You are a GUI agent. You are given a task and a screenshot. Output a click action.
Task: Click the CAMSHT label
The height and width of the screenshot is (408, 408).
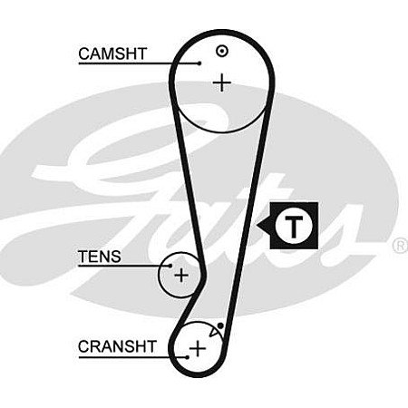click(x=112, y=53)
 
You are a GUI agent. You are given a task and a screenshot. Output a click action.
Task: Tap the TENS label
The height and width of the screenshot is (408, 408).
click(x=100, y=257)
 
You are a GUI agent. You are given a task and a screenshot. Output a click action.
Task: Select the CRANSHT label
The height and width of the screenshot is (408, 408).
click(x=117, y=346)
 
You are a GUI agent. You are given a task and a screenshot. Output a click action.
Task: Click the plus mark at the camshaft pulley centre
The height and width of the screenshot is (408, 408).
click(x=222, y=83)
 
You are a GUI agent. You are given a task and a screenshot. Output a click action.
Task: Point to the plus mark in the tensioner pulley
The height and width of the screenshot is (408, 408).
click(x=181, y=275)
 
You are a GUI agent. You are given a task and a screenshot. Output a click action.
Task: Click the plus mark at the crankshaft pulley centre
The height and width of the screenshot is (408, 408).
click(x=198, y=348)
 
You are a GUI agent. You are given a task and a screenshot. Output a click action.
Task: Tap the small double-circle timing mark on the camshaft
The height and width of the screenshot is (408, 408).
click(x=222, y=52)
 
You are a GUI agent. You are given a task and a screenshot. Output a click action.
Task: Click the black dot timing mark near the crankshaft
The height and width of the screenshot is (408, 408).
click(x=220, y=325)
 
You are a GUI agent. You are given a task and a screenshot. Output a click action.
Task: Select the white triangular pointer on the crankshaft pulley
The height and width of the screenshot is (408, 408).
click(x=213, y=332)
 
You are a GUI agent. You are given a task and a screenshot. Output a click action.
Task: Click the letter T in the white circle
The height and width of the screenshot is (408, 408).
click(x=294, y=227)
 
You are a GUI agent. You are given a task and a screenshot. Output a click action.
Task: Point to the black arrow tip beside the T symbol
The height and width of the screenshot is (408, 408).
click(x=257, y=225)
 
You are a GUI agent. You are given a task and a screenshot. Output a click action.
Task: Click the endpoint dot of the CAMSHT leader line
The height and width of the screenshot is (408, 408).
click(x=199, y=63)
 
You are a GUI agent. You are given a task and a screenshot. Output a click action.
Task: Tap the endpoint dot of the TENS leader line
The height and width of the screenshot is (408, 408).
click(x=170, y=266)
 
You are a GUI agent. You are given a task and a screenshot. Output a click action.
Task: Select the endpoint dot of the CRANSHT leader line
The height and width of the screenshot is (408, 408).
click(x=188, y=357)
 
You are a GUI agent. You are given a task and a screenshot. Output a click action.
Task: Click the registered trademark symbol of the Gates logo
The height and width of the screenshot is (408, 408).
click(x=401, y=246)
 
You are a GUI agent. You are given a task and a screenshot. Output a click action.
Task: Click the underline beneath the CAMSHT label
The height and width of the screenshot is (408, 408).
click(x=139, y=63)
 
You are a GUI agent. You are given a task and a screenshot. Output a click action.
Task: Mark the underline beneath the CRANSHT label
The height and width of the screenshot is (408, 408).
click(x=132, y=357)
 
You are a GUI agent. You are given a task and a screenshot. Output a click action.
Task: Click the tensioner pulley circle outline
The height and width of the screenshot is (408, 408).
click(x=159, y=275)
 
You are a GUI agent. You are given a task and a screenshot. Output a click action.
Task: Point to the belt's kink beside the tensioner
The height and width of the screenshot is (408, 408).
click(x=204, y=274)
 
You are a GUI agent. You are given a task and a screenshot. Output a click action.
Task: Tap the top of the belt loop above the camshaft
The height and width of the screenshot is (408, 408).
click(x=222, y=32)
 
